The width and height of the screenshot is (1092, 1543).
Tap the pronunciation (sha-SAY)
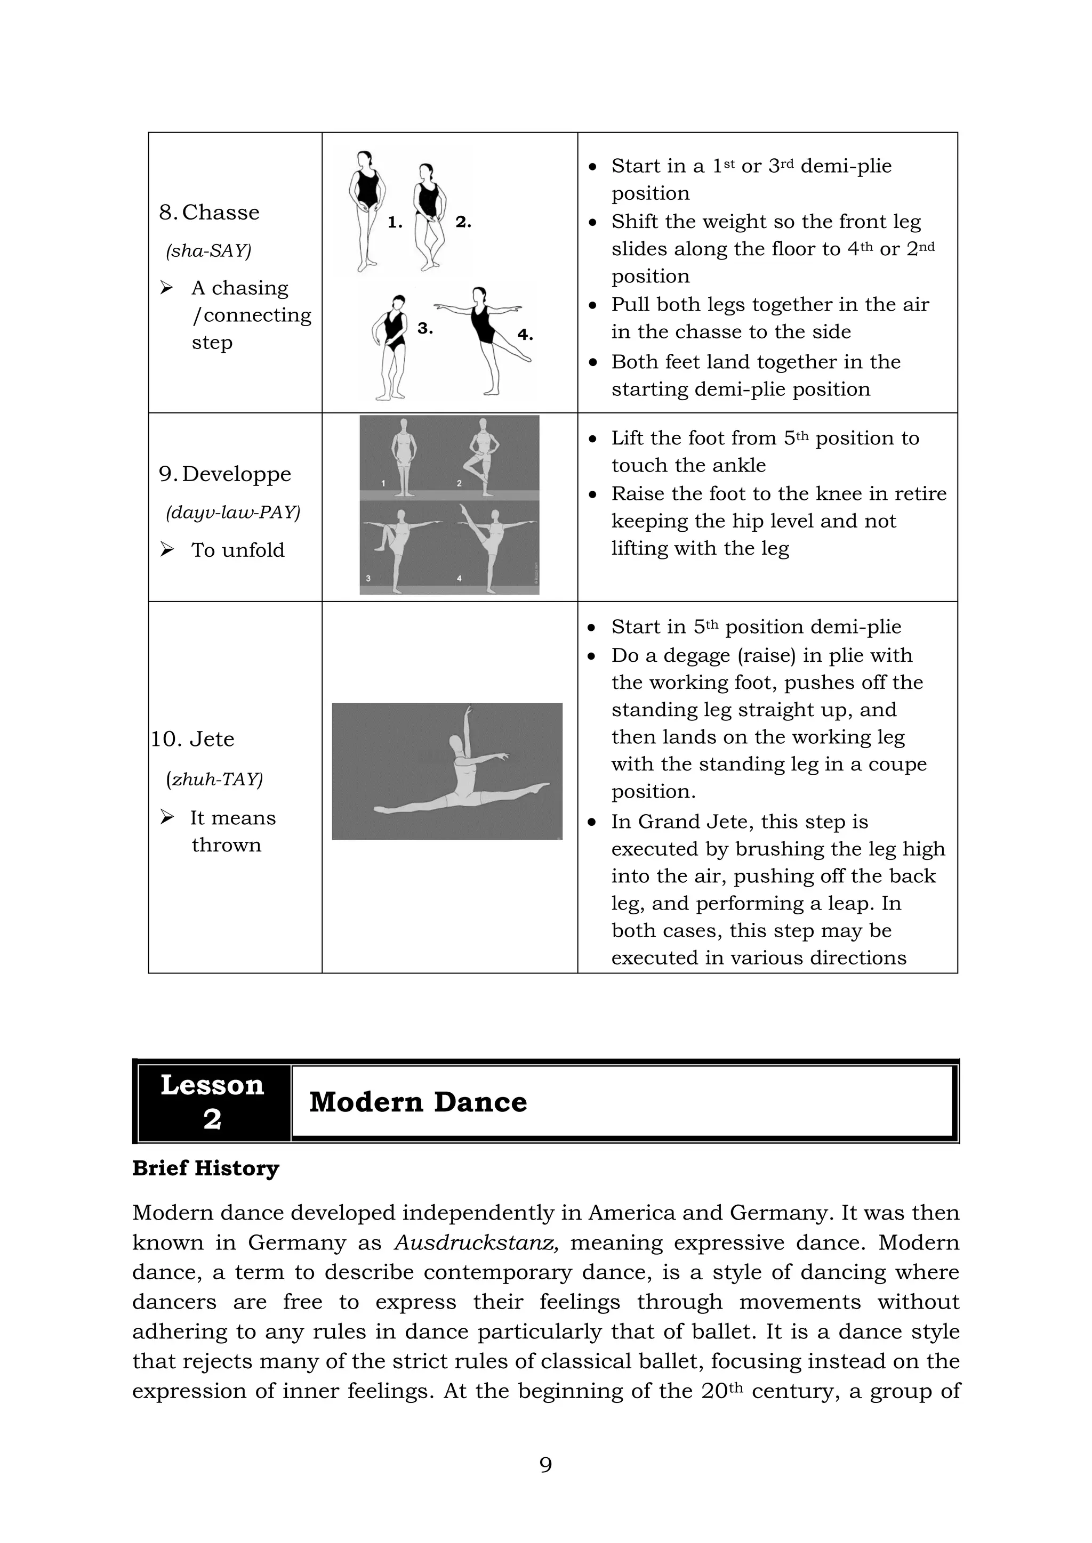208,250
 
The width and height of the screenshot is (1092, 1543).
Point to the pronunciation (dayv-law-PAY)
232,512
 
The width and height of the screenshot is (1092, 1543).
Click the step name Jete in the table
212,738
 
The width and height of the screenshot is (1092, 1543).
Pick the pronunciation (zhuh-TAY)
214,779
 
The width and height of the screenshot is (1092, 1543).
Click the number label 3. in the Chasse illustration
425,329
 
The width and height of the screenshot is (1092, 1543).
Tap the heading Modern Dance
417,1102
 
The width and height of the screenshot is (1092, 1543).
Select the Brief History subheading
205,1168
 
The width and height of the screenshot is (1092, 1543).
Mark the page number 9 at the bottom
545,1464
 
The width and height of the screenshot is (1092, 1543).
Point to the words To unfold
237,550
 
